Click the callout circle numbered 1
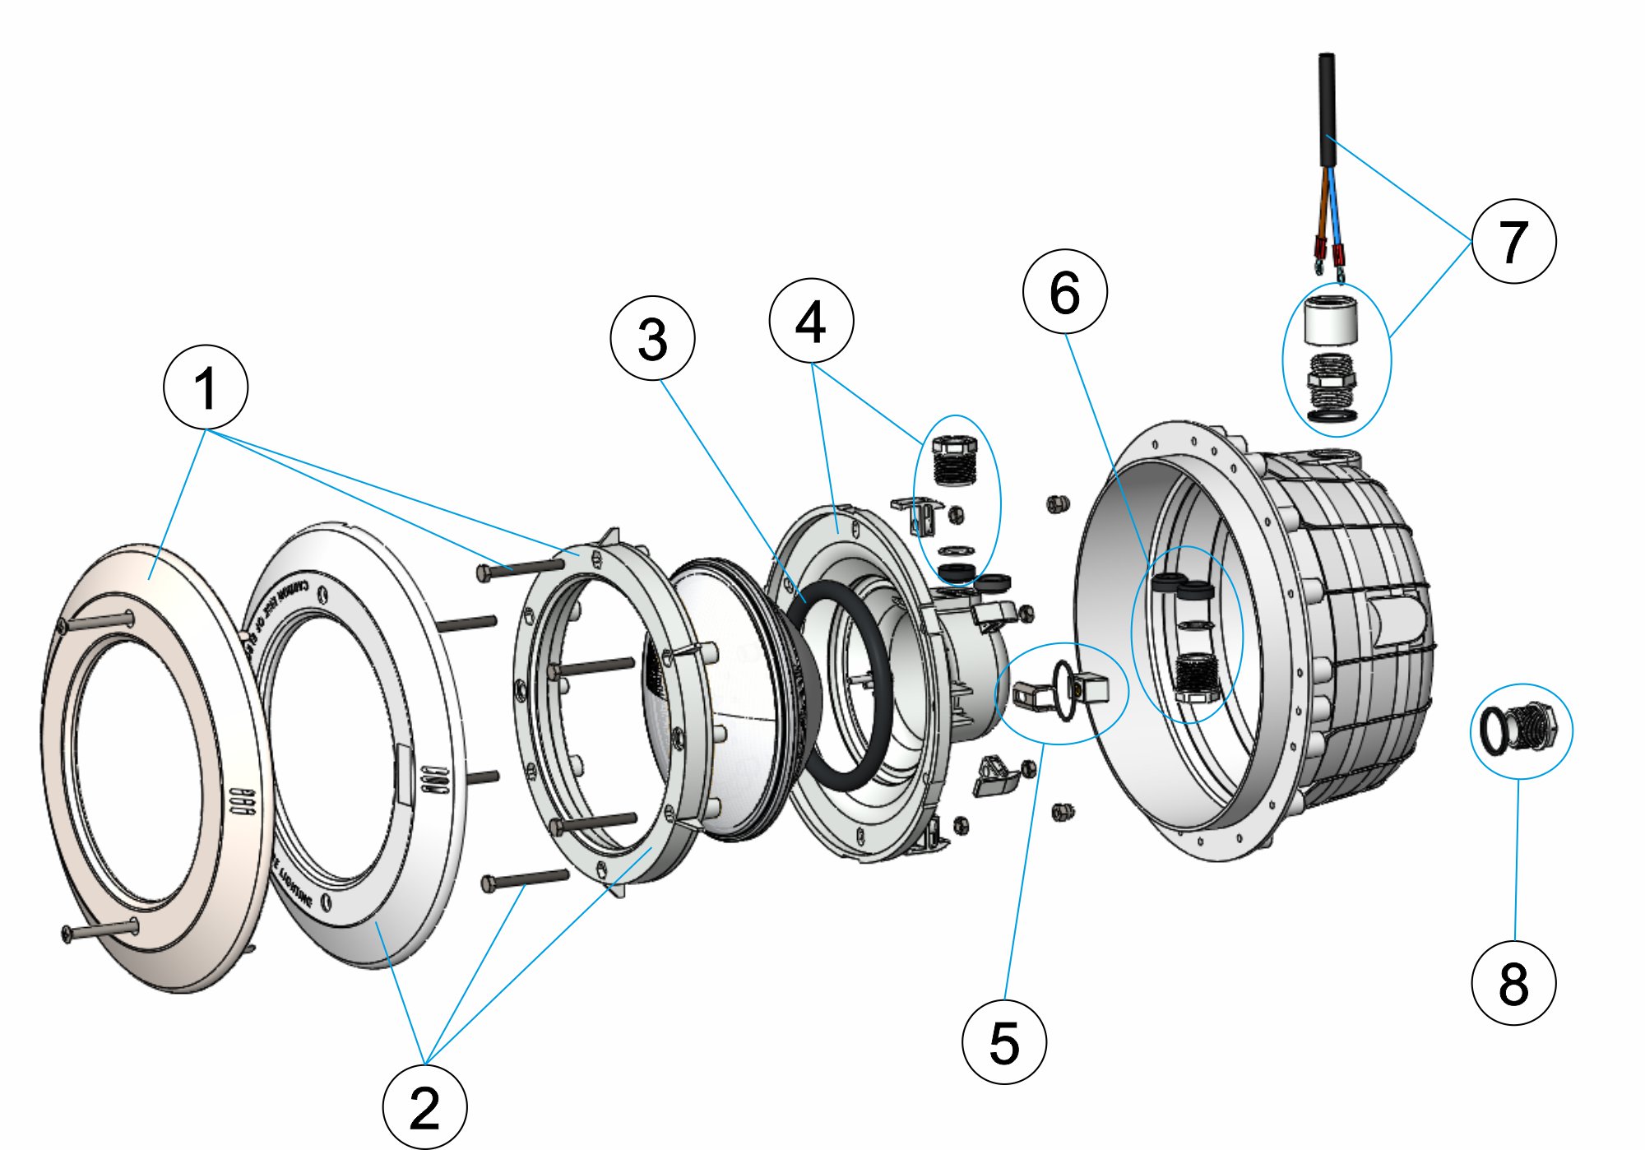[206, 387]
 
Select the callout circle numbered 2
[424, 1106]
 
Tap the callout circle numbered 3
[652, 338]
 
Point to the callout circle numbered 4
[811, 321]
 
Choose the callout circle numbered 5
[1003, 1041]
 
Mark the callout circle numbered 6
[1064, 292]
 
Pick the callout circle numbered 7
[1513, 241]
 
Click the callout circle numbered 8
[1513, 983]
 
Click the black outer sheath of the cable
[1327, 107]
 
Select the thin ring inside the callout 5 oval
[1063, 691]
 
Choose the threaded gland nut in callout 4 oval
[954, 465]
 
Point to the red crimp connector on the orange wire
[1319, 247]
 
